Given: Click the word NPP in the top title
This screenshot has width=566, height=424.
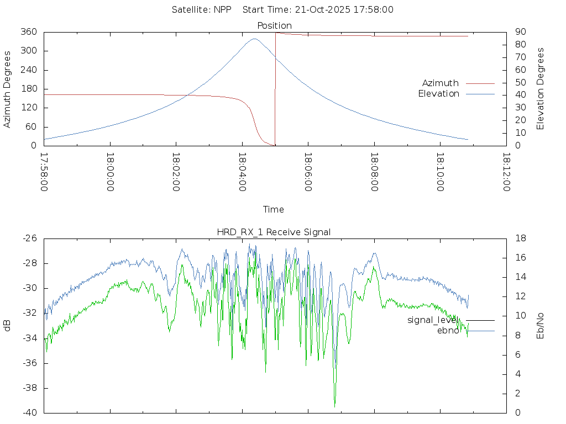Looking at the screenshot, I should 222,9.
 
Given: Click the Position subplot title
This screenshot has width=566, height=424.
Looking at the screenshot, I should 274,25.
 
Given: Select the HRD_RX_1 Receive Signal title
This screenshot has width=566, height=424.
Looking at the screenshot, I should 274,232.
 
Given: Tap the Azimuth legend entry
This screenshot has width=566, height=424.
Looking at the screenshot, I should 441,83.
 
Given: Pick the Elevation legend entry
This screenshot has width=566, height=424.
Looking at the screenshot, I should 438,94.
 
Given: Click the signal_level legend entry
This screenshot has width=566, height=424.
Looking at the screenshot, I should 432,320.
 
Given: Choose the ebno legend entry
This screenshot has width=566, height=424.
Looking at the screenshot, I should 448,331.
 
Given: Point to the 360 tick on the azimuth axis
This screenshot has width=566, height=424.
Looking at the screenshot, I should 29,32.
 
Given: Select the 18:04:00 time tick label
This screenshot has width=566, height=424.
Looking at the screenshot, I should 242,172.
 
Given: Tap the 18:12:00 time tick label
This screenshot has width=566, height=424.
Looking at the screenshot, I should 506,172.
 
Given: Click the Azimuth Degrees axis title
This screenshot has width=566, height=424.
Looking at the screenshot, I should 8,89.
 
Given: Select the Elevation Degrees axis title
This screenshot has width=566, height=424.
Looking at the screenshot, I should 541,89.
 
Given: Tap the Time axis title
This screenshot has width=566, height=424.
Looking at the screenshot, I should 274,209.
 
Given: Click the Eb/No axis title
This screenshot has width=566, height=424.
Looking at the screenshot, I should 541,325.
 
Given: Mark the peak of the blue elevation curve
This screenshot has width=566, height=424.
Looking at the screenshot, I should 254,39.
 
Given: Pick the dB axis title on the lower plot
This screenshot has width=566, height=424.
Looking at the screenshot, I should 8,325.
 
